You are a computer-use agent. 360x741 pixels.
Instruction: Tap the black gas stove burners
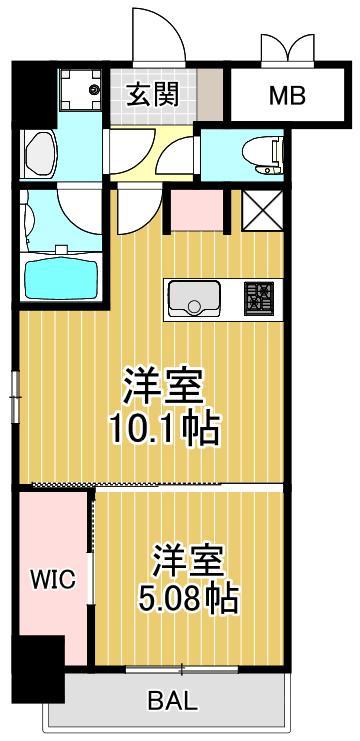click(259, 296)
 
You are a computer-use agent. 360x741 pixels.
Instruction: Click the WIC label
click(51, 579)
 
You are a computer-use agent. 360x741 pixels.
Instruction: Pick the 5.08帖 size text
click(187, 598)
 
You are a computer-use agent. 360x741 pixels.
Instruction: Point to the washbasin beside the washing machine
click(45, 153)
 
